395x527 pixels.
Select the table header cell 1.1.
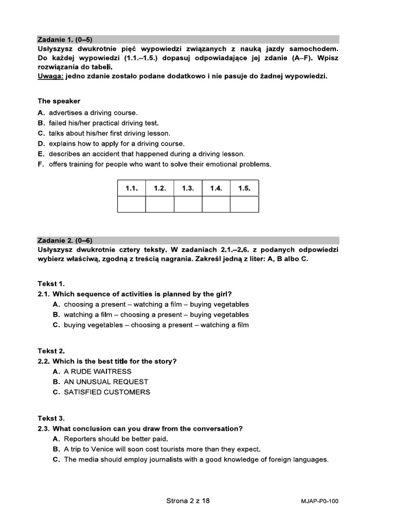click(x=132, y=188)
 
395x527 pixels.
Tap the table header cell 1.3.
click(x=188, y=188)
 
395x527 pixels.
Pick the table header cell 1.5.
click(x=244, y=188)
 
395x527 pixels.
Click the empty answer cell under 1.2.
click(x=159, y=204)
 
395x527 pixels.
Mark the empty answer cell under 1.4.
click(x=216, y=204)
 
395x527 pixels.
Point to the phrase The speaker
click(x=59, y=101)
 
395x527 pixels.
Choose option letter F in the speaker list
click(x=41, y=164)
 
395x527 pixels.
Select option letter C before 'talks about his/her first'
click(x=41, y=133)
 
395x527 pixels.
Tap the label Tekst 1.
click(x=51, y=284)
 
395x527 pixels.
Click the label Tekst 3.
click(x=51, y=418)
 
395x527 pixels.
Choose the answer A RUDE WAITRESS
click(x=97, y=371)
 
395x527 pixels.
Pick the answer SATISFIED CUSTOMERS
click(x=107, y=392)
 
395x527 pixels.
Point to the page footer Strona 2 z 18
click(x=188, y=500)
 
